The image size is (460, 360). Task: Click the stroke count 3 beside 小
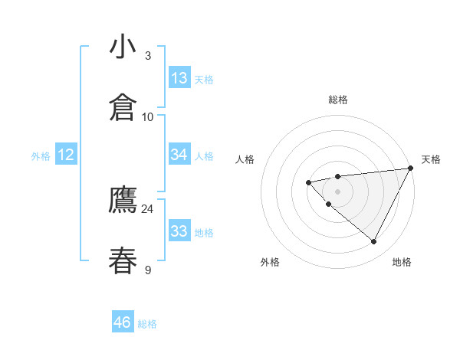click(x=148, y=55)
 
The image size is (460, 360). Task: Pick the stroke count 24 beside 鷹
click(x=147, y=208)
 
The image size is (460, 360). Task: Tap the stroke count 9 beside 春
click(x=148, y=269)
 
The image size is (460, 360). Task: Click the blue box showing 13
click(x=179, y=78)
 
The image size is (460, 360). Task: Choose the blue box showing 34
click(x=179, y=155)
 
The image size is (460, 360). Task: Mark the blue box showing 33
click(x=179, y=231)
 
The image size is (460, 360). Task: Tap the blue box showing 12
click(x=66, y=155)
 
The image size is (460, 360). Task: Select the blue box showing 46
click(x=123, y=322)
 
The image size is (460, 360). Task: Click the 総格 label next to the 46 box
click(x=148, y=324)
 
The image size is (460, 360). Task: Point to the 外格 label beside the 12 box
click(x=41, y=156)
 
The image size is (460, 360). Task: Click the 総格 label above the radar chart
click(x=338, y=100)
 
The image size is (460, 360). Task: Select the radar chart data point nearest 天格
click(x=412, y=169)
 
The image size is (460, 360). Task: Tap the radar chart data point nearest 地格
click(x=374, y=242)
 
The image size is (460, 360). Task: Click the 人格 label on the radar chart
click(x=245, y=159)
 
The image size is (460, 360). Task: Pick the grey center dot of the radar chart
click(x=337, y=191)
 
